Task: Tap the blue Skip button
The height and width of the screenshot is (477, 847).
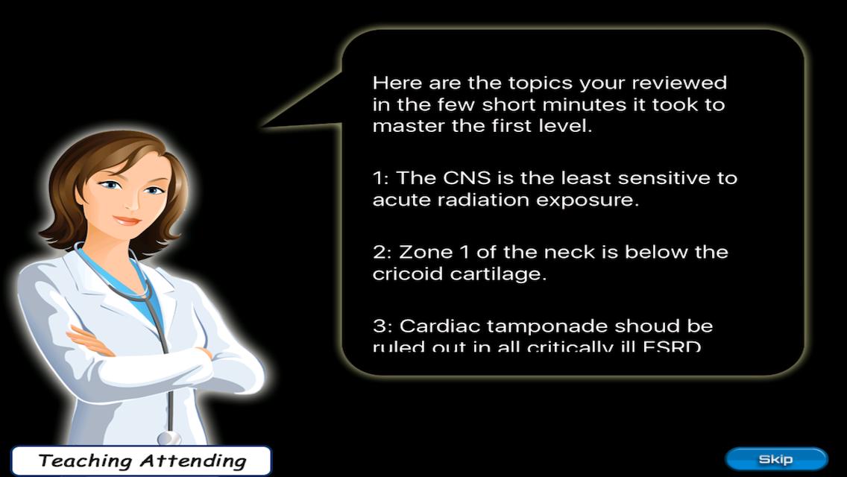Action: (x=775, y=459)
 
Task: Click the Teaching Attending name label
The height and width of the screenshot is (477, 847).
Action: (x=142, y=461)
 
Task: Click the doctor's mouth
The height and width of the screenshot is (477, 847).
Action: (x=127, y=221)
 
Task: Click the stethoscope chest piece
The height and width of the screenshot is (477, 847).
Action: (x=169, y=437)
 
